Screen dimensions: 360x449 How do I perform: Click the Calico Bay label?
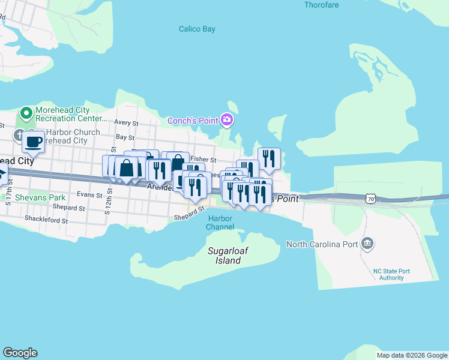[197, 29]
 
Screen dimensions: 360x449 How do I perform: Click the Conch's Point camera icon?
[226, 121]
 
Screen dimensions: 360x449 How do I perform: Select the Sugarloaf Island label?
[224, 256]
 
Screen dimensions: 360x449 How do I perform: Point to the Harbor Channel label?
[220, 223]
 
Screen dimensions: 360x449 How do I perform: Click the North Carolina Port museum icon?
[368, 244]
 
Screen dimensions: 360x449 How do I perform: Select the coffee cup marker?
[34, 143]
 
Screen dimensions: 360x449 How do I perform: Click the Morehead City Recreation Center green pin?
[26, 113]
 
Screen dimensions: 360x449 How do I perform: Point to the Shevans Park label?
[40, 197]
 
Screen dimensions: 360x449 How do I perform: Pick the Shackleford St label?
[46, 220]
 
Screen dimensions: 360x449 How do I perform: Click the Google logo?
[20, 353]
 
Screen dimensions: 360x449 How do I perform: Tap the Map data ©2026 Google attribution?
[411, 355]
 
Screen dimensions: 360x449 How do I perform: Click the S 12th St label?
[110, 196]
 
